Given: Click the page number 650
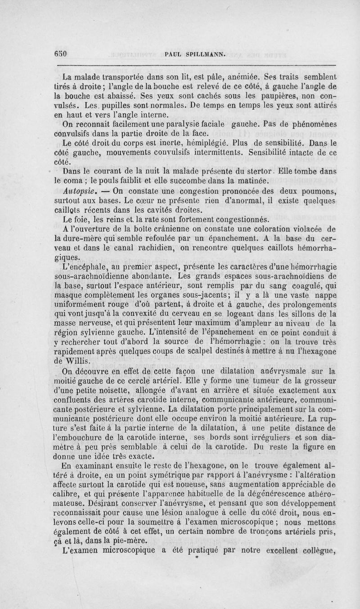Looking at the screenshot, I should click(60, 54).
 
